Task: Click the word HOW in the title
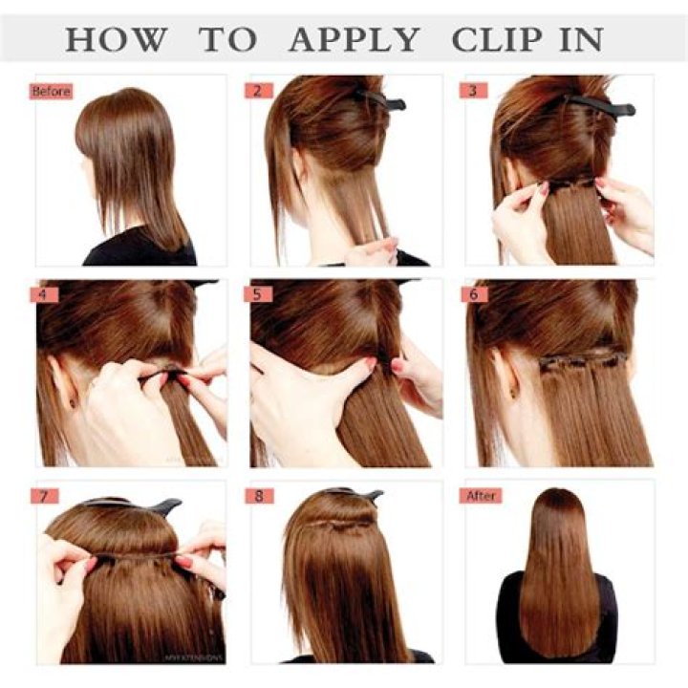[x=116, y=40]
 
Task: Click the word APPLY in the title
[x=354, y=40]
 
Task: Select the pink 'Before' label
[x=51, y=92]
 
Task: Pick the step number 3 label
[x=473, y=92]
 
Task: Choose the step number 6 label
[x=473, y=294]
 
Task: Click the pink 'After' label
[x=481, y=497]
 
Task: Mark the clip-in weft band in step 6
[x=583, y=361]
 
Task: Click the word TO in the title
[x=227, y=40]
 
